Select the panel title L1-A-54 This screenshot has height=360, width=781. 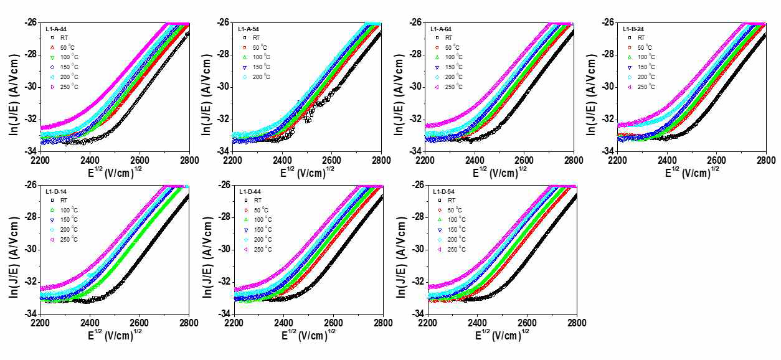(250, 28)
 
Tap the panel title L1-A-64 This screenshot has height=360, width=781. (443, 28)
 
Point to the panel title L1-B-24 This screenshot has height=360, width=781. (635, 28)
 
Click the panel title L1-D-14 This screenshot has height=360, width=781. (58, 191)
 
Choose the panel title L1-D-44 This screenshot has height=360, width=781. (251, 191)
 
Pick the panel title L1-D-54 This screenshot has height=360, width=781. (445, 191)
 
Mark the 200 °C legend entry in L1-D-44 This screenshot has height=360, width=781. (263, 240)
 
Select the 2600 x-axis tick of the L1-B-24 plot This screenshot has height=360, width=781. (716, 159)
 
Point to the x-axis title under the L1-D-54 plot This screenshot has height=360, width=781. (502, 336)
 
